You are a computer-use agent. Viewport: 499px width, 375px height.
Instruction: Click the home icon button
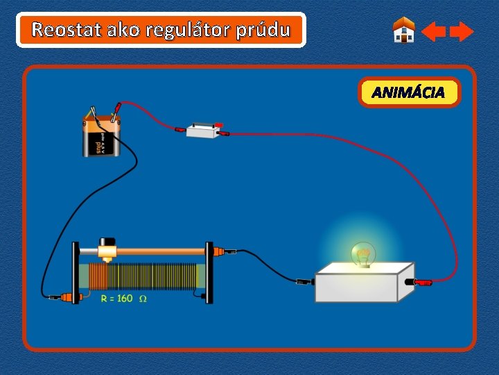point(403,31)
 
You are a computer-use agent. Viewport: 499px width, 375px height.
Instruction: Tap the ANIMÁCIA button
point(409,92)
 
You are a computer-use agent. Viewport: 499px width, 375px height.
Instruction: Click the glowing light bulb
point(362,254)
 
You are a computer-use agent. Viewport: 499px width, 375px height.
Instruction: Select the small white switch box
point(202,129)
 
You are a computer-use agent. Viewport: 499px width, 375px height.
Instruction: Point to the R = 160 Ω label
point(123,299)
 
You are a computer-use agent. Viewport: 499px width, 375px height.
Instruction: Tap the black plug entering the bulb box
point(303,282)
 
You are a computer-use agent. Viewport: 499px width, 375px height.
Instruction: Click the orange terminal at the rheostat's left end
point(69,297)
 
